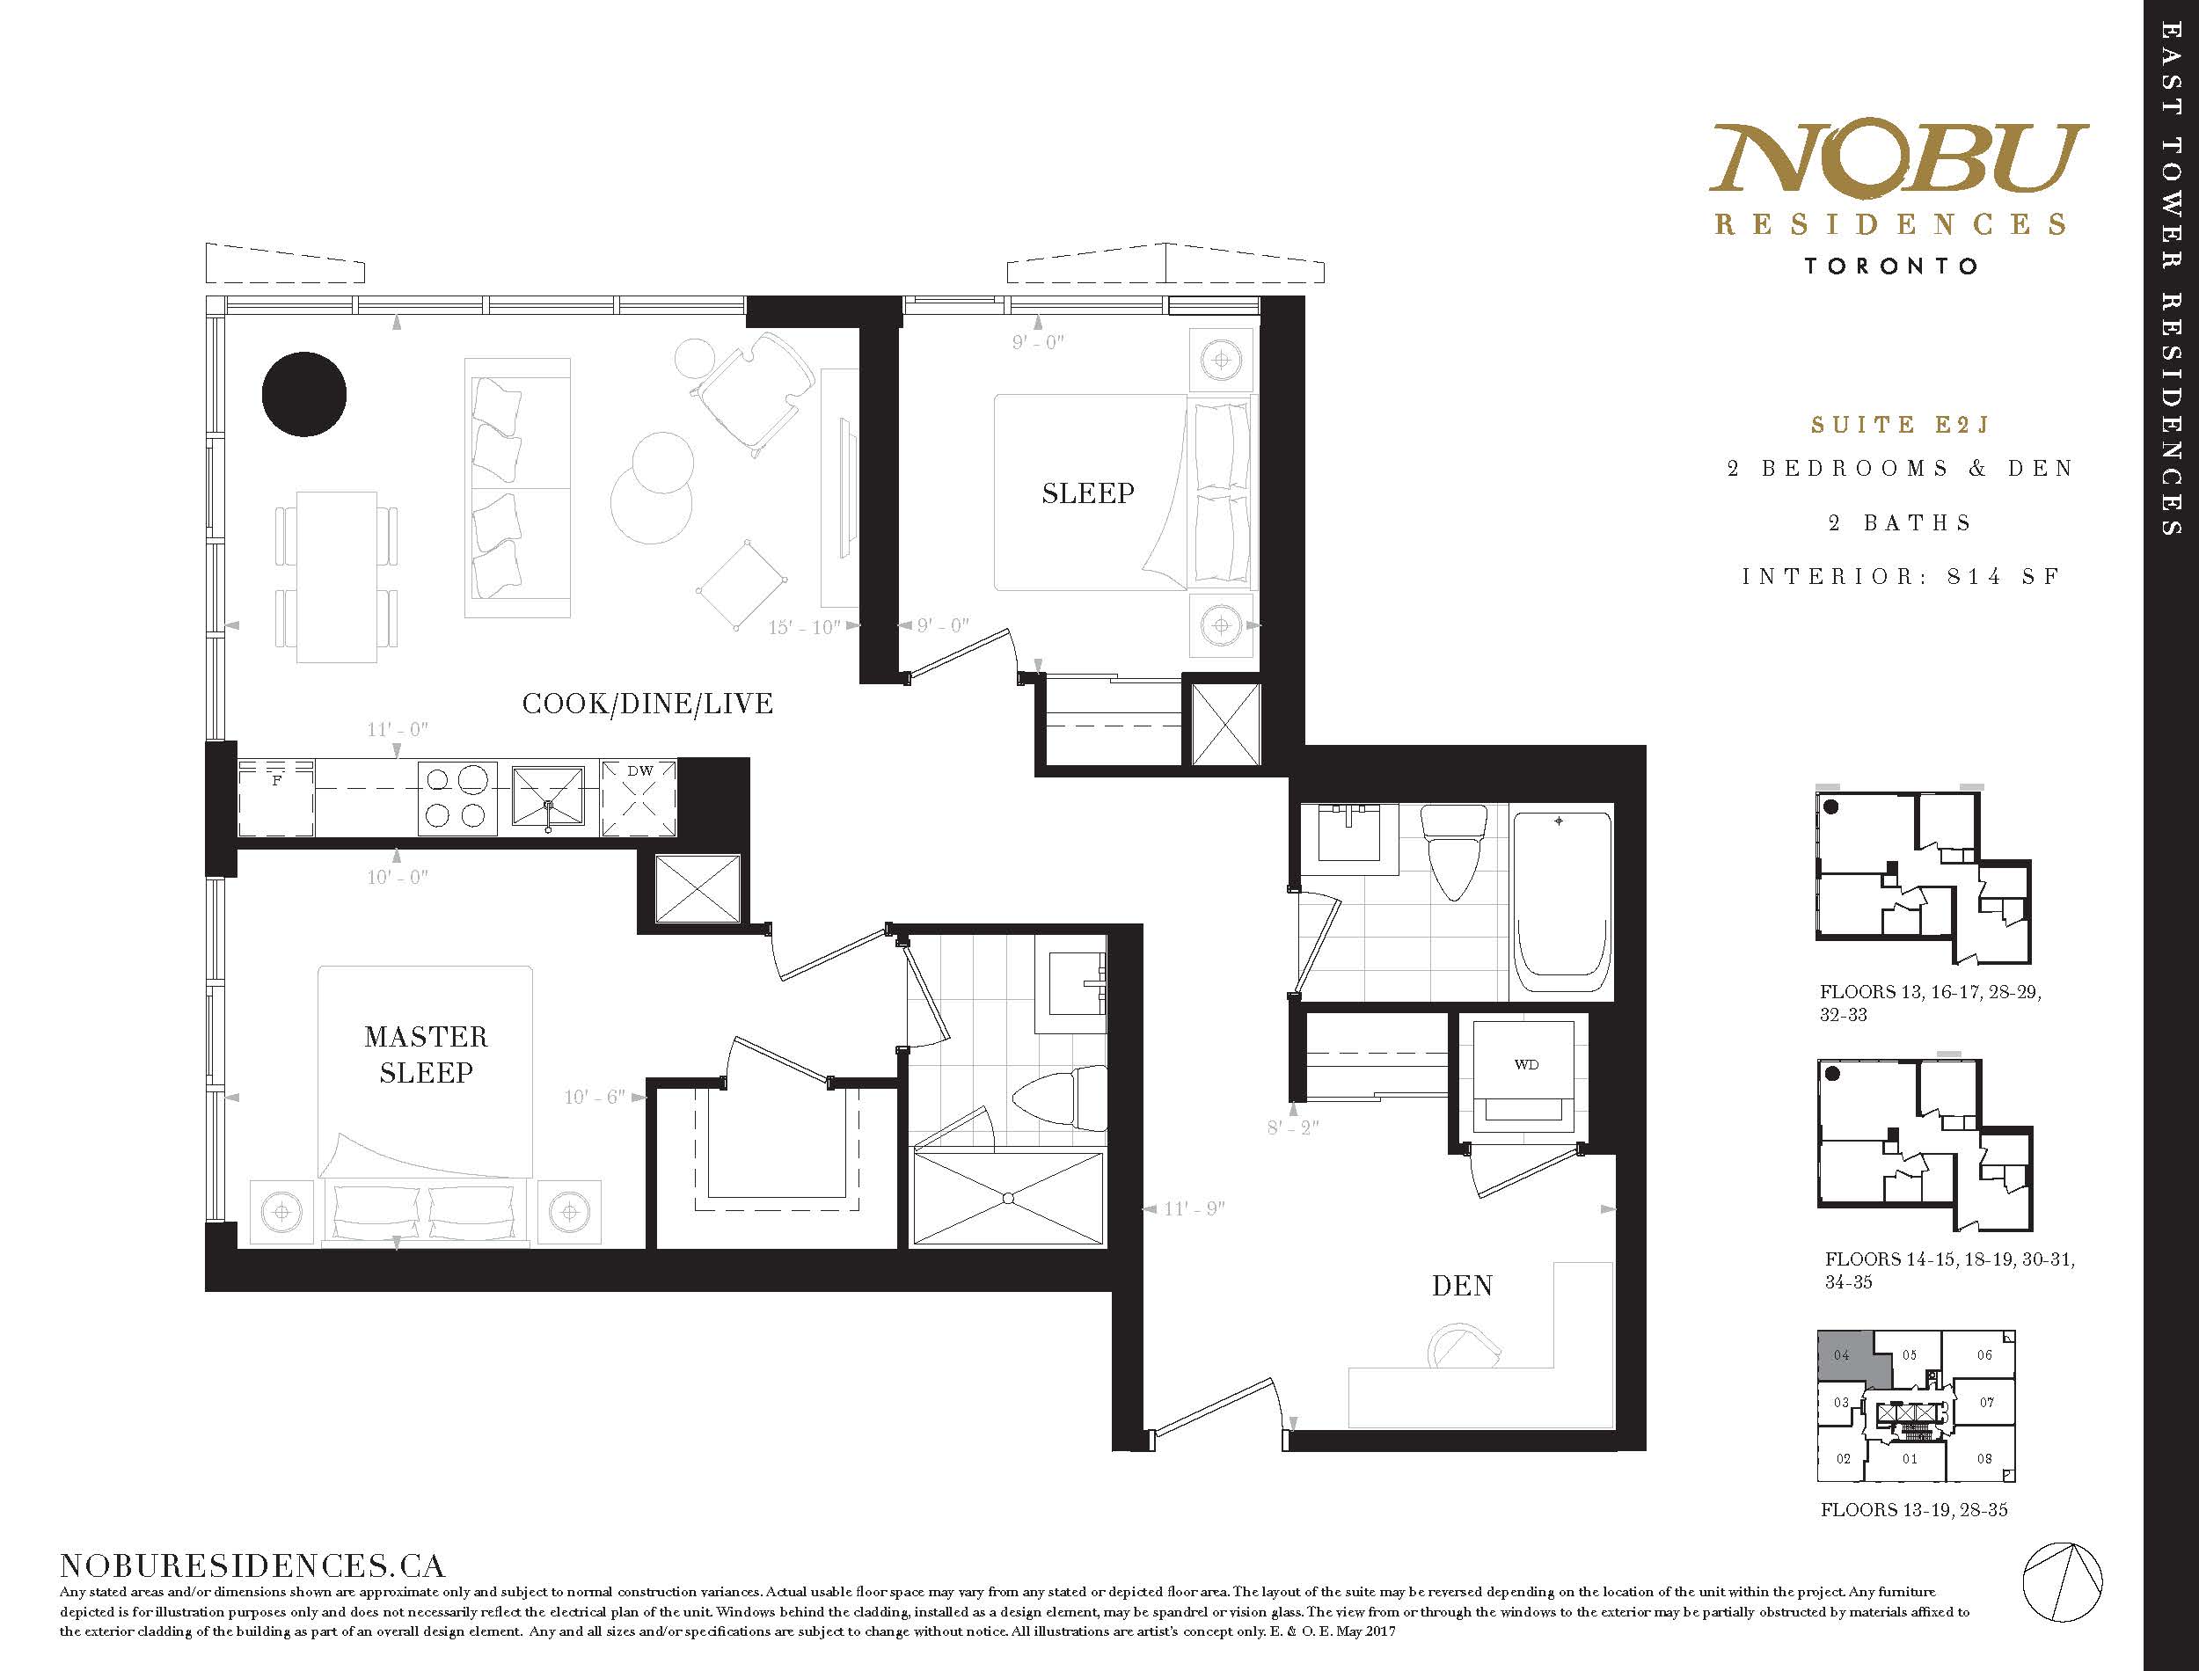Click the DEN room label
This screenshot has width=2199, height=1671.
click(x=1462, y=1286)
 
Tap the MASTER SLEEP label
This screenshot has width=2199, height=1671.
click(x=426, y=1054)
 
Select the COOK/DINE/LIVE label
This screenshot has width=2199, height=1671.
click(x=647, y=704)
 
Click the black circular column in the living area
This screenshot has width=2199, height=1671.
click(x=304, y=394)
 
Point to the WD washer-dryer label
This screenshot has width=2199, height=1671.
click(x=1527, y=1064)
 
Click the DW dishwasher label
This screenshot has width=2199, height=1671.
click(x=640, y=770)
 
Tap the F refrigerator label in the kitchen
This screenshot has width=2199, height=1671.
click(x=276, y=781)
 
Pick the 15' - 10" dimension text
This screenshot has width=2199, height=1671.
click(x=806, y=628)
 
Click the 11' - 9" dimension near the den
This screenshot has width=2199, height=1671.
click(x=1194, y=1208)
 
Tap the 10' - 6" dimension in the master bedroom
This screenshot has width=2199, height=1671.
click(x=595, y=1097)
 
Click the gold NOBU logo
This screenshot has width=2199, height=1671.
click(x=1897, y=158)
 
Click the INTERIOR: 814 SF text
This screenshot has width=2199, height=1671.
click(x=1900, y=577)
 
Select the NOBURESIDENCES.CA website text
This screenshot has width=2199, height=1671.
click(x=252, y=1565)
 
